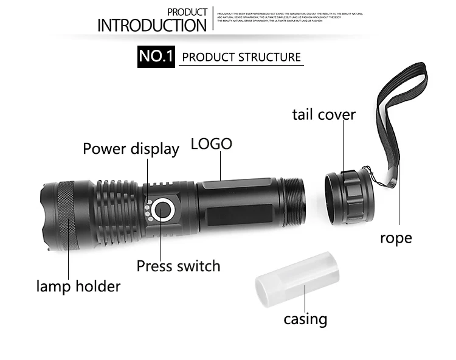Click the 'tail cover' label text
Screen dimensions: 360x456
tap(323, 114)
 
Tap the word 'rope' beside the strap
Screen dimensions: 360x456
tap(396, 237)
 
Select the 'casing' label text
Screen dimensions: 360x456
tap(305, 319)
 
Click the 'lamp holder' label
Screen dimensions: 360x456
tap(78, 286)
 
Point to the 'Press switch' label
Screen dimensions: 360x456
tap(178, 266)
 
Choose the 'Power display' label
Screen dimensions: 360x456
tap(131, 149)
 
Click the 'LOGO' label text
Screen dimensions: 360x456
tap(211, 144)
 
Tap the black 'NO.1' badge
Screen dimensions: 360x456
tap(156, 57)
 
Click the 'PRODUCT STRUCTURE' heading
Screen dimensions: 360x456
tap(241, 57)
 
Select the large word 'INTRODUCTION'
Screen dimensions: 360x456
tap(152, 26)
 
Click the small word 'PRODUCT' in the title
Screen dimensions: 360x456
tap(187, 12)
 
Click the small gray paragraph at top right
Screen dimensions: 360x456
tap(289, 17)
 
